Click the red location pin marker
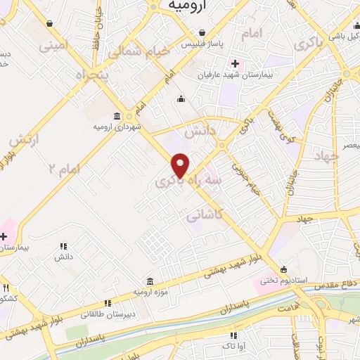(x=181, y=165)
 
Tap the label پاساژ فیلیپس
(x=202, y=44)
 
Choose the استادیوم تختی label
(x=283, y=281)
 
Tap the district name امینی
(x=56, y=47)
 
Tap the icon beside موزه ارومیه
(x=150, y=280)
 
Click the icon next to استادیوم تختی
(x=283, y=269)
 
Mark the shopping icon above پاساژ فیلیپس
(x=202, y=33)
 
